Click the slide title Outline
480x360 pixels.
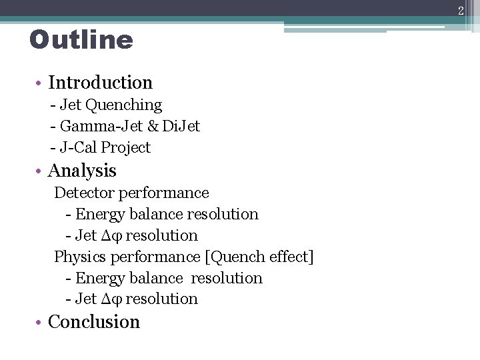pos(81,41)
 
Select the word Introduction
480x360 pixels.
pos(101,83)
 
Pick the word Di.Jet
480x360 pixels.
pos(183,126)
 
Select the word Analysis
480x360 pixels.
pos(82,171)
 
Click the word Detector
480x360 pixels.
pos(84,193)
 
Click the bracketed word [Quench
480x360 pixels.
pos(235,257)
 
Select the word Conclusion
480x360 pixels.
pos(94,322)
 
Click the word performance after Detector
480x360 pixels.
pos(163,193)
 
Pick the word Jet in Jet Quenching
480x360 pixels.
pos(71,105)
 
